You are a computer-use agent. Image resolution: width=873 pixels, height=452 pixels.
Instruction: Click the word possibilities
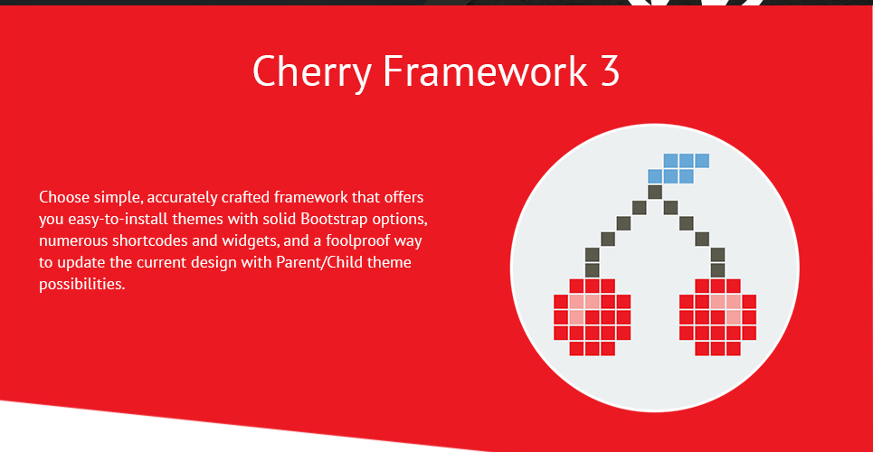81,285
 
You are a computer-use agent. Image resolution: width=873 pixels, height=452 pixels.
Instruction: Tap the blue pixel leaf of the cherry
678,169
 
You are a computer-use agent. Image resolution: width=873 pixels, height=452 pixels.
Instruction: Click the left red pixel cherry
592,317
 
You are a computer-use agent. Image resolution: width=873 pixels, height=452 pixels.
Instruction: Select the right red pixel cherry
717,317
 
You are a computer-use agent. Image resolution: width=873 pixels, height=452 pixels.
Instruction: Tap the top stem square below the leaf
655,192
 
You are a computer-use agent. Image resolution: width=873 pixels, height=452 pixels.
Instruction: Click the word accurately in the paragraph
180,198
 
